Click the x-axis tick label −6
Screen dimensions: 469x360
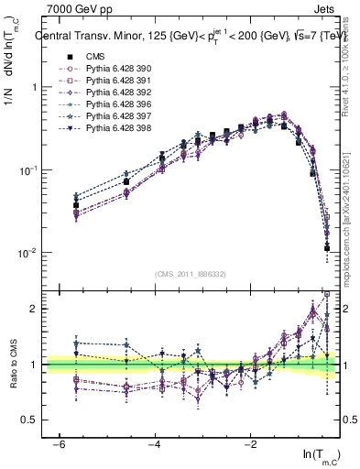coord(58,444)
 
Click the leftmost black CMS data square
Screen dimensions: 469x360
coord(77,205)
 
